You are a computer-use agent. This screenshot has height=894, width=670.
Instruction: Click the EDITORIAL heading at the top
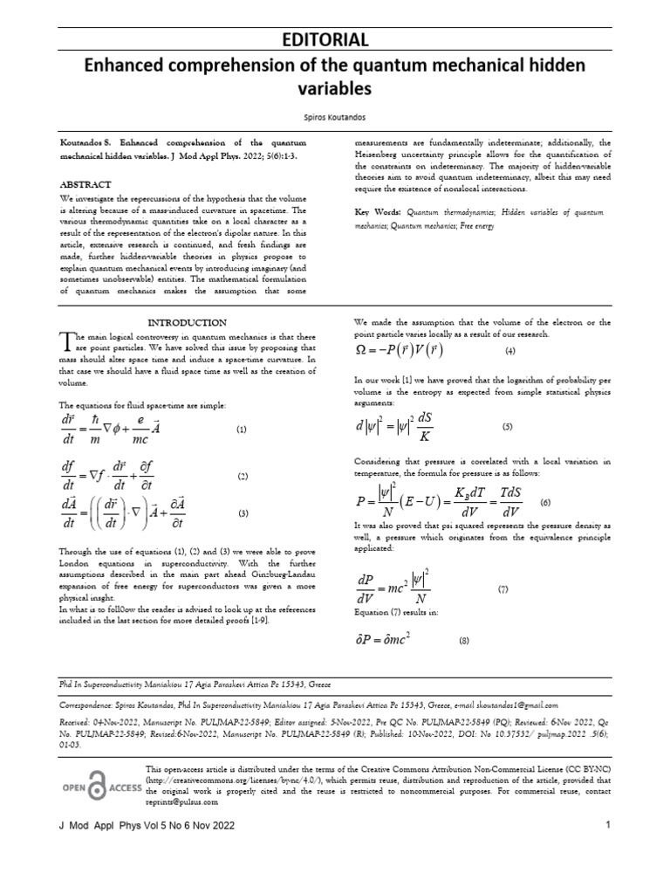334,39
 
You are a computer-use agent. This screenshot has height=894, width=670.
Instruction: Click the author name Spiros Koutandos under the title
334,113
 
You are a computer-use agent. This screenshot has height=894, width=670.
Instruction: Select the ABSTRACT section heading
85,185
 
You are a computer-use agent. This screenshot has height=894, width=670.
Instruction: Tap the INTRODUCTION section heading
188,322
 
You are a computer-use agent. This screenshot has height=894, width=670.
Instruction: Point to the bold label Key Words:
378,212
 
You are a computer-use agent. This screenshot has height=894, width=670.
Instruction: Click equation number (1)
242,430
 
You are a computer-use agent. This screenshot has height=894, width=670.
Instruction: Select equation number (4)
510,351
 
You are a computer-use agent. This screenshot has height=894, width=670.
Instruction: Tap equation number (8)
463,642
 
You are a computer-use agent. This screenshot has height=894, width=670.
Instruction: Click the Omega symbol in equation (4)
360,351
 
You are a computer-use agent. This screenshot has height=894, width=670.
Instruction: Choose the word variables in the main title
334,88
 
